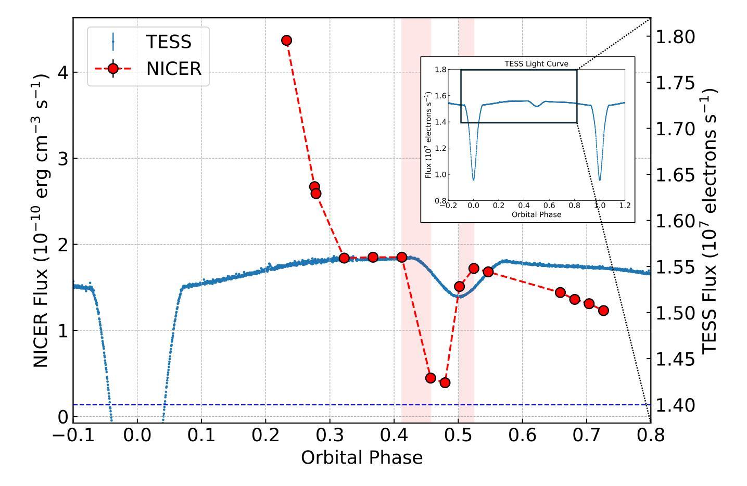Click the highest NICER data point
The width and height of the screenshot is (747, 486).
point(286,40)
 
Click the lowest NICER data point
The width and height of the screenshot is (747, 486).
point(445,382)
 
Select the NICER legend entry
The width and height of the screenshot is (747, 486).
point(173,68)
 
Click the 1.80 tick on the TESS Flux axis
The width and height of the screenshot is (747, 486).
point(675,37)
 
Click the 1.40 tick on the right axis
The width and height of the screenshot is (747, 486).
point(675,404)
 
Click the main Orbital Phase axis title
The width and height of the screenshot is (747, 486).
point(362,457)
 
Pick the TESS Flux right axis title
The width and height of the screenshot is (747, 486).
point(711,220)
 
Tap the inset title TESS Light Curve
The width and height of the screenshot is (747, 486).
point(536,64)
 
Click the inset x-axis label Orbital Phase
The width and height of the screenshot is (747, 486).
point(536,214)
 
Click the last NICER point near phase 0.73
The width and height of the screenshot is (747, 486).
point(603,310)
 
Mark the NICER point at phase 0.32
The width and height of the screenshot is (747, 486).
point(344,258)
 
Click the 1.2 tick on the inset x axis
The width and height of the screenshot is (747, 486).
point(625,206)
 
